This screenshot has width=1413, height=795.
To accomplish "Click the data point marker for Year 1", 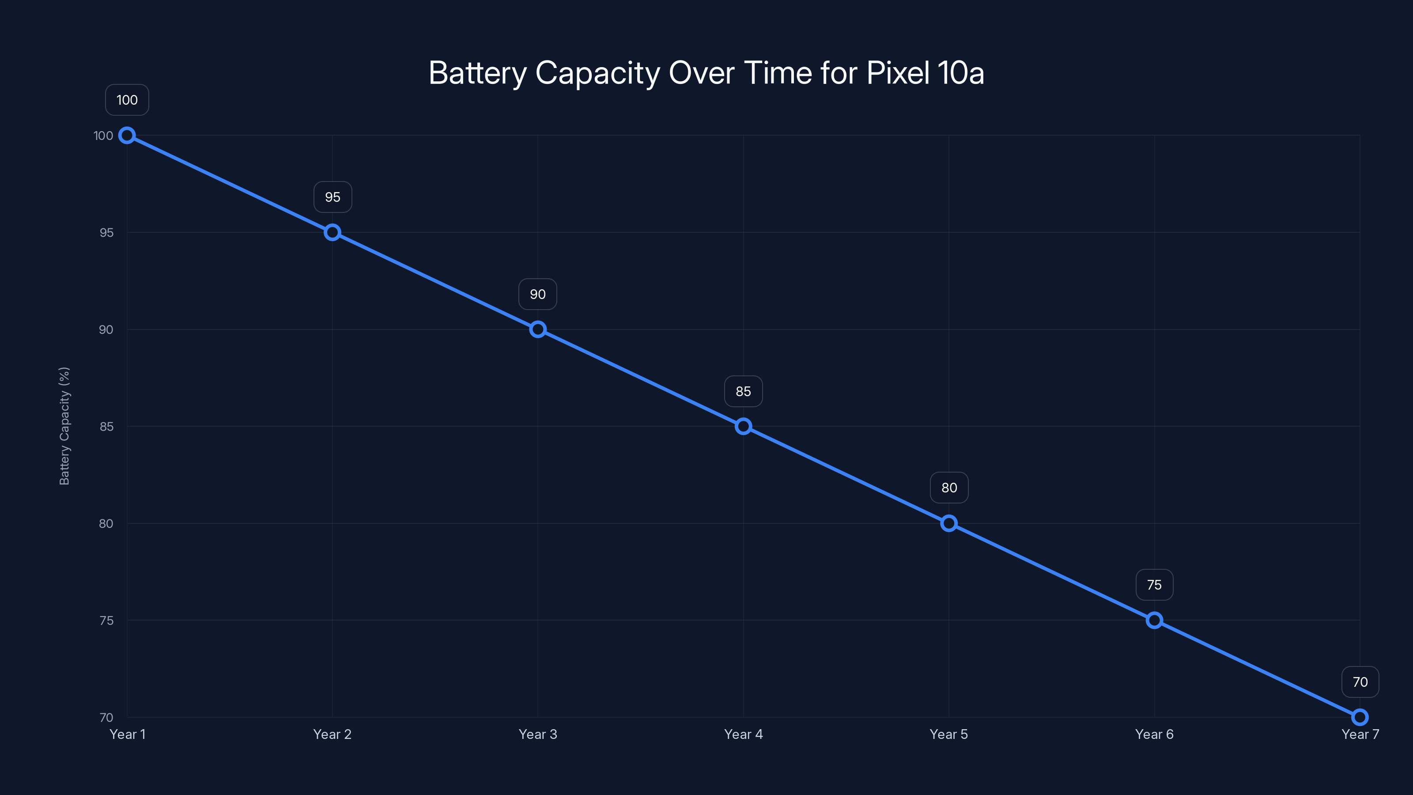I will pos(127,136).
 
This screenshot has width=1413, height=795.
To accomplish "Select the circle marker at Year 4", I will pos(743,426).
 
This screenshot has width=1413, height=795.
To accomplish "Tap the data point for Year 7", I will pos(1360,717).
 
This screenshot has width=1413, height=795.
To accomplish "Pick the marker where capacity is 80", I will pos(949,523).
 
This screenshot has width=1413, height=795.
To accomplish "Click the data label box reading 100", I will pos(127,100).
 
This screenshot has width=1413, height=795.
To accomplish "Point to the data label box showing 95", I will pos(332,197).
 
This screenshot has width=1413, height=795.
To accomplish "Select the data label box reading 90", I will pos(537,294).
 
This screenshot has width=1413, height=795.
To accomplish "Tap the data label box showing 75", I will pos(1154,585).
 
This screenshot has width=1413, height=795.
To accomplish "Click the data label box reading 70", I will pos(1360,682).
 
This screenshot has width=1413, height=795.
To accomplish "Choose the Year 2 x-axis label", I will pos(332,734).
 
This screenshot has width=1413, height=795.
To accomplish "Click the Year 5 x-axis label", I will pos(949,734).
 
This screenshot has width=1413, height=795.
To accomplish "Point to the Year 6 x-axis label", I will pos(1154,734).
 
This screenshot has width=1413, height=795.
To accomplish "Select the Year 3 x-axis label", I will pos(537,734).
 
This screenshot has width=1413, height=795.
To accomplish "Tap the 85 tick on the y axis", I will pos(106,427).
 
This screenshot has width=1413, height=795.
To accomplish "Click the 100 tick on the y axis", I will pos(103,136).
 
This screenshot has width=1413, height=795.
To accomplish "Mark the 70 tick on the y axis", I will pos(106,718).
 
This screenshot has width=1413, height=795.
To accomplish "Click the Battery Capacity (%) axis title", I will pos(64,426).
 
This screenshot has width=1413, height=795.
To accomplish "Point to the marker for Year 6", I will pos(1154,621).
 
